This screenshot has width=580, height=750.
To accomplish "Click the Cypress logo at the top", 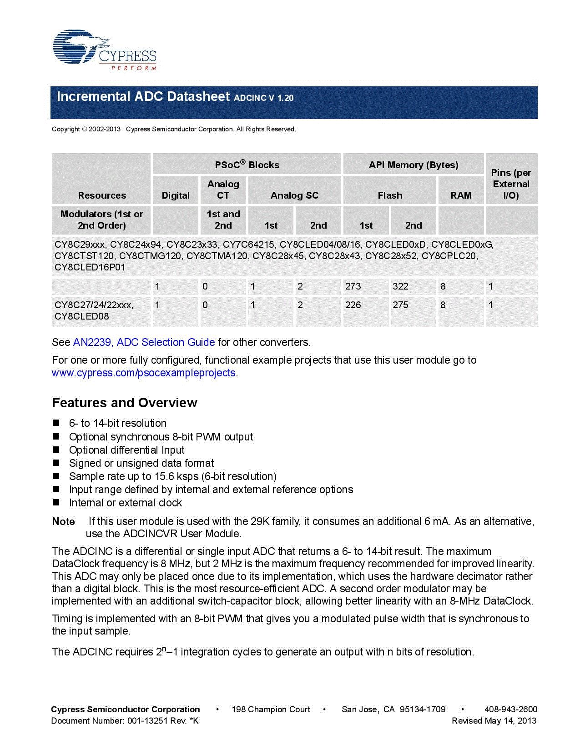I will click(x=105, y=50).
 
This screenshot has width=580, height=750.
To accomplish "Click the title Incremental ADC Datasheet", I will click(x=143, y=97).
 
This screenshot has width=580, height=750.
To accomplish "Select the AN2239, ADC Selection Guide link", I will click(x=144, y=342).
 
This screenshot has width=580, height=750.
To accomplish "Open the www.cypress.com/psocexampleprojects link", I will click(x=144, y=373).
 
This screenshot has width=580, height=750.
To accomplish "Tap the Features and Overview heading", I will click(x=125, y=403).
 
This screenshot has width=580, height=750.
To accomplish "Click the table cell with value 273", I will click(x=353, y=286).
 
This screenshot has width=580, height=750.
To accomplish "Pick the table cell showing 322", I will click(x=400, y=286).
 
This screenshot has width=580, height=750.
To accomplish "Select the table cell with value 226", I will click(x=353, y=305).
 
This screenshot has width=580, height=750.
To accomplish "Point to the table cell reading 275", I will click(x=400, y=305).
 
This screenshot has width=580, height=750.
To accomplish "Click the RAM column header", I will click(x=461, y=195).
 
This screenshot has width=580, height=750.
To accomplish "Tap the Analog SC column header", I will click(x=294, y=195).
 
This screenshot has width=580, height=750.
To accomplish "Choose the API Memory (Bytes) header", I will click(x=414, y=165).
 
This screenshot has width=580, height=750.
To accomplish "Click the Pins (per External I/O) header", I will click(x=511, y=184).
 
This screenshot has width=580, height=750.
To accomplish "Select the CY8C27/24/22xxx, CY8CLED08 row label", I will click(x=94, y=310).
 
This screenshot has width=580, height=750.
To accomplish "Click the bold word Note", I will click(x=64, y=521).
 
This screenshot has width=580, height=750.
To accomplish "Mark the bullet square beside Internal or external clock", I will click(x=56, y=502).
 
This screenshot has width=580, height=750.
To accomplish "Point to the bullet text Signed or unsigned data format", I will click(x=141, y=463).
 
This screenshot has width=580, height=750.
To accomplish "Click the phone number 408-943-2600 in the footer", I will click(x=511, y=709).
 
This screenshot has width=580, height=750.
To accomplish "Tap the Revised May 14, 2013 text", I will click(x=494, y=720).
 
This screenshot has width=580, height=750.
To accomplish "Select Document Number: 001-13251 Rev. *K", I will click(x=125, y=720).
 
